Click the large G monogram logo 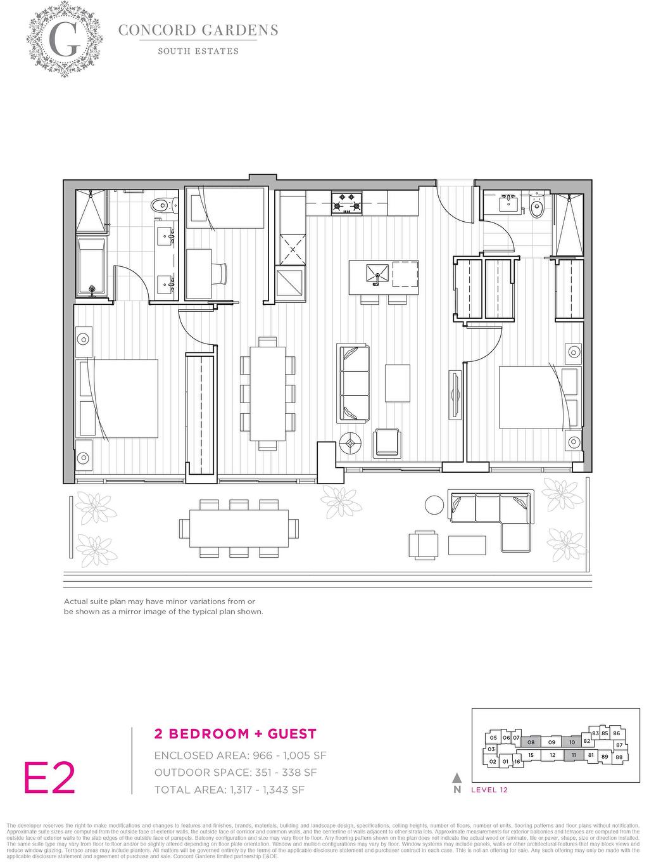(64, 39)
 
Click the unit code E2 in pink (50, 778)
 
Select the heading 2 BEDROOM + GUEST (236, 734)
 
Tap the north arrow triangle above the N (457, 778)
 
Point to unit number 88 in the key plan (619, 757)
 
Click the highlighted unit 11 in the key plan (574, 755)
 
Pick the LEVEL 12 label (489, 790)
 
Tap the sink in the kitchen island (377, 273)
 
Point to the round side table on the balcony (434, 505)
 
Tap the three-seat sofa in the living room (353, 383)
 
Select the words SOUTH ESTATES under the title (198, 51)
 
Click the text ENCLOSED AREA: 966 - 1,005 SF (240, 756)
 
